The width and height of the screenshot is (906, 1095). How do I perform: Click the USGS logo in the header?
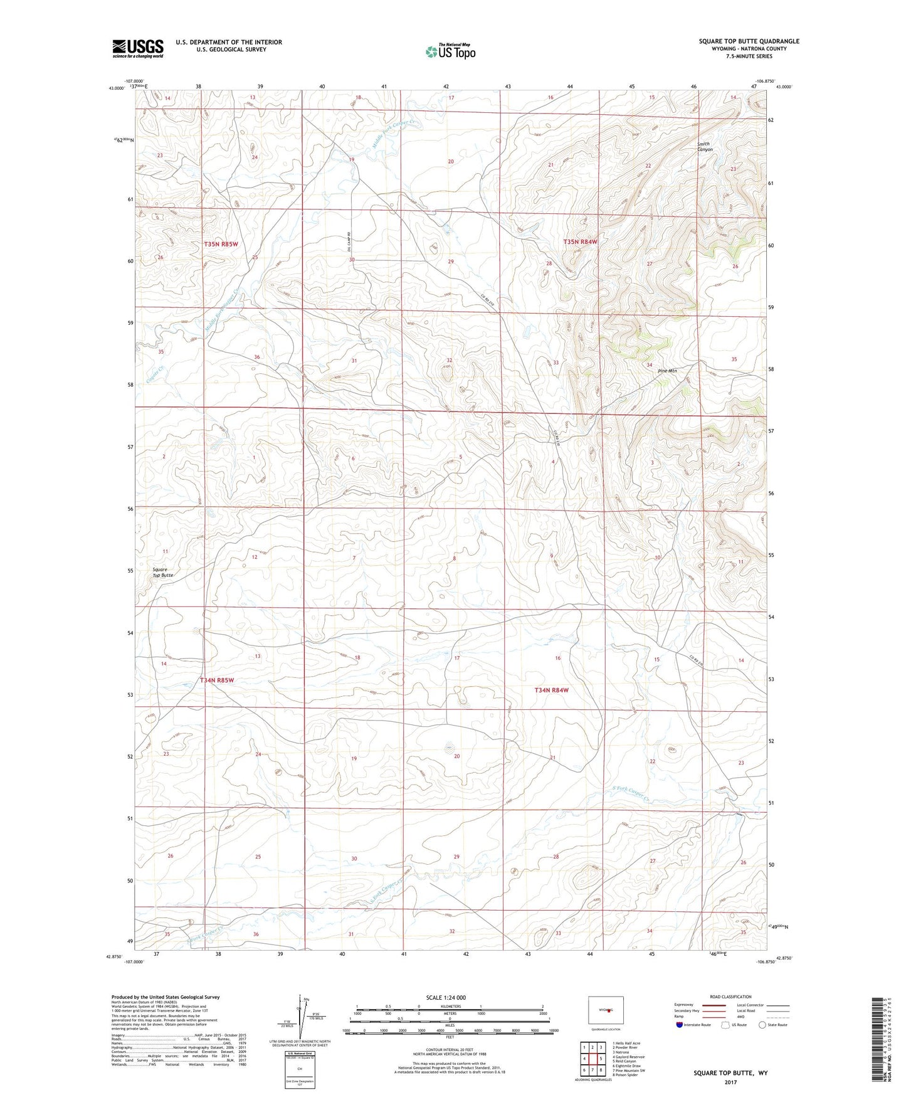[x=138, y=48]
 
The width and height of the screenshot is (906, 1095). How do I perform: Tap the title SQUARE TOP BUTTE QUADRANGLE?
[x=749, y=41]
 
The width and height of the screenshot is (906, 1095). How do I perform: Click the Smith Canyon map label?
[x=705, y=147]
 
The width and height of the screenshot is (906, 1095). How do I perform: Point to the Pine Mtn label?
[x=667, y=371]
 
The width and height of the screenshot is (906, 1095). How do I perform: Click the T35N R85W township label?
[x=221, y=243]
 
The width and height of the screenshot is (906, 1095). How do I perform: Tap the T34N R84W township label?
[x=551, y=690]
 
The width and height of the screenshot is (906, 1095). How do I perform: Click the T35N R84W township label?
[x=580, y=241]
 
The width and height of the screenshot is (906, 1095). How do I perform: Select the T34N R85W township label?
[x=217, y=680]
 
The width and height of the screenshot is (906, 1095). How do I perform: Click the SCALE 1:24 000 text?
[x=446, y=997]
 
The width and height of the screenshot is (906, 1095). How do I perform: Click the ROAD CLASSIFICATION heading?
[x=730, y=997]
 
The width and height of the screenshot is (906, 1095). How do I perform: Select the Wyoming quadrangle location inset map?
[x=605, y=1010]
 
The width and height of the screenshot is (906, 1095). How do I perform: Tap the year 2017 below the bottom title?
[x=730, y=1082]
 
